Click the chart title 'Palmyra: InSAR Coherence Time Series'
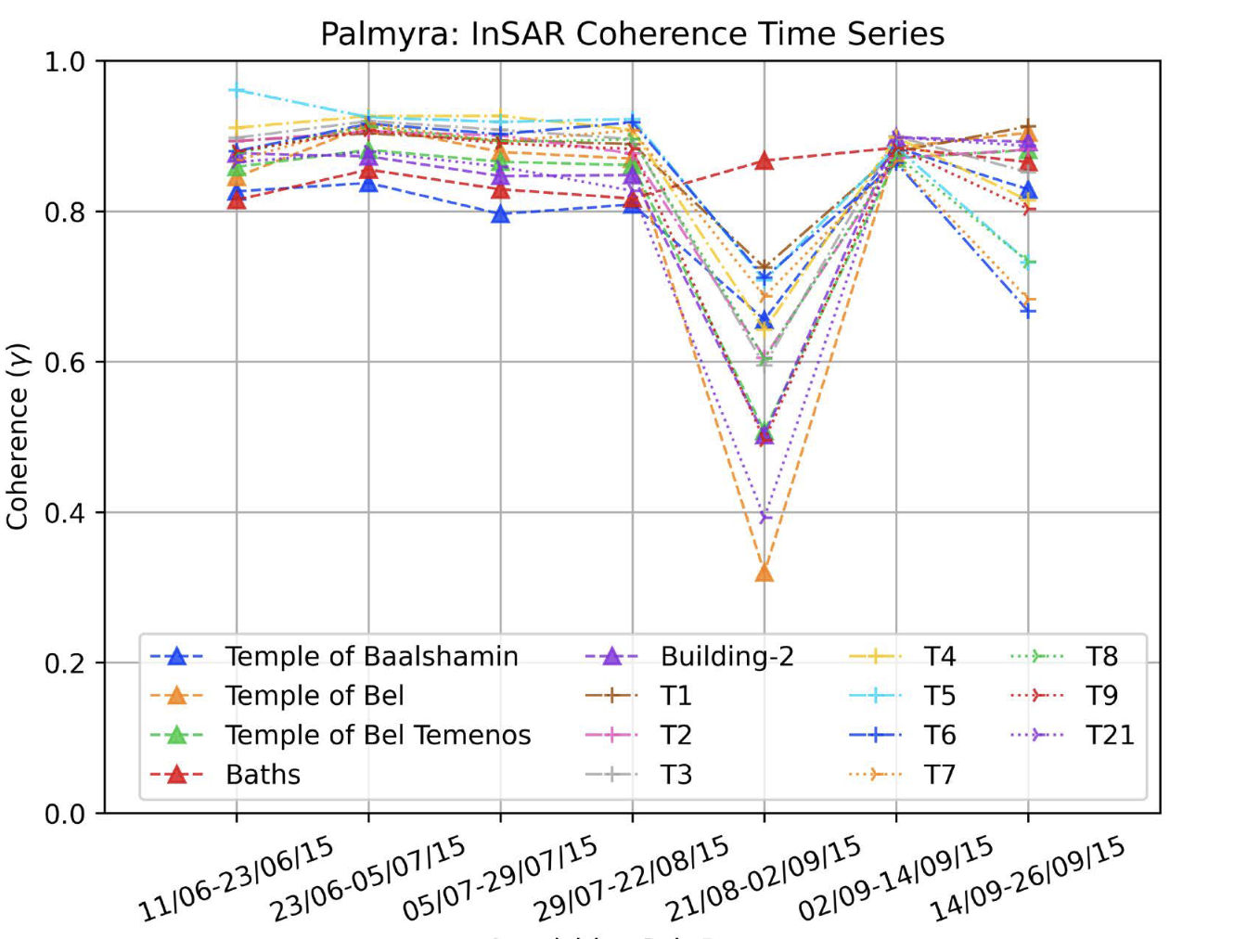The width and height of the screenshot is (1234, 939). coord(632,34)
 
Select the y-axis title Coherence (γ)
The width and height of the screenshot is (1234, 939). coord(18,436)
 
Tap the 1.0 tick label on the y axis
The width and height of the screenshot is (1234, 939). coord(64,62)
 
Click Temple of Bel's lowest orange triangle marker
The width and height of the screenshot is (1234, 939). coord(765,573)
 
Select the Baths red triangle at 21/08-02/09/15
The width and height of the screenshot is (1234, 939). coord(765,161)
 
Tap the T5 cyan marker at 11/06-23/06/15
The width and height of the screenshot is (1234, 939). coord(237,90)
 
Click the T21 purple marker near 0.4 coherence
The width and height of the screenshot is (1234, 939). coord(765,517)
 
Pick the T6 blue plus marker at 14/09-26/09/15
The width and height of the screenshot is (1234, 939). coord(1028,311)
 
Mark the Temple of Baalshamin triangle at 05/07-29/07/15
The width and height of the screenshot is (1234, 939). coord(501,214)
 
